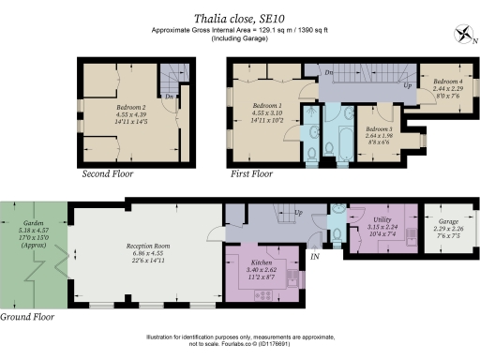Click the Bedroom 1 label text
tap(270, 106)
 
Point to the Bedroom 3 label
tap(379, 128)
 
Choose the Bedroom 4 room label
tap(436, 81)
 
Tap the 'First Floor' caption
tap(251, 174)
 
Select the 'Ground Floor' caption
tap(28, 317)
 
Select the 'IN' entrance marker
tap(315, 255)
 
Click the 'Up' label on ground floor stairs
tap(298, 213)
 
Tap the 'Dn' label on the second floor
tap(168, 95)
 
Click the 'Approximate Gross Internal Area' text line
tap(240, 30)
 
